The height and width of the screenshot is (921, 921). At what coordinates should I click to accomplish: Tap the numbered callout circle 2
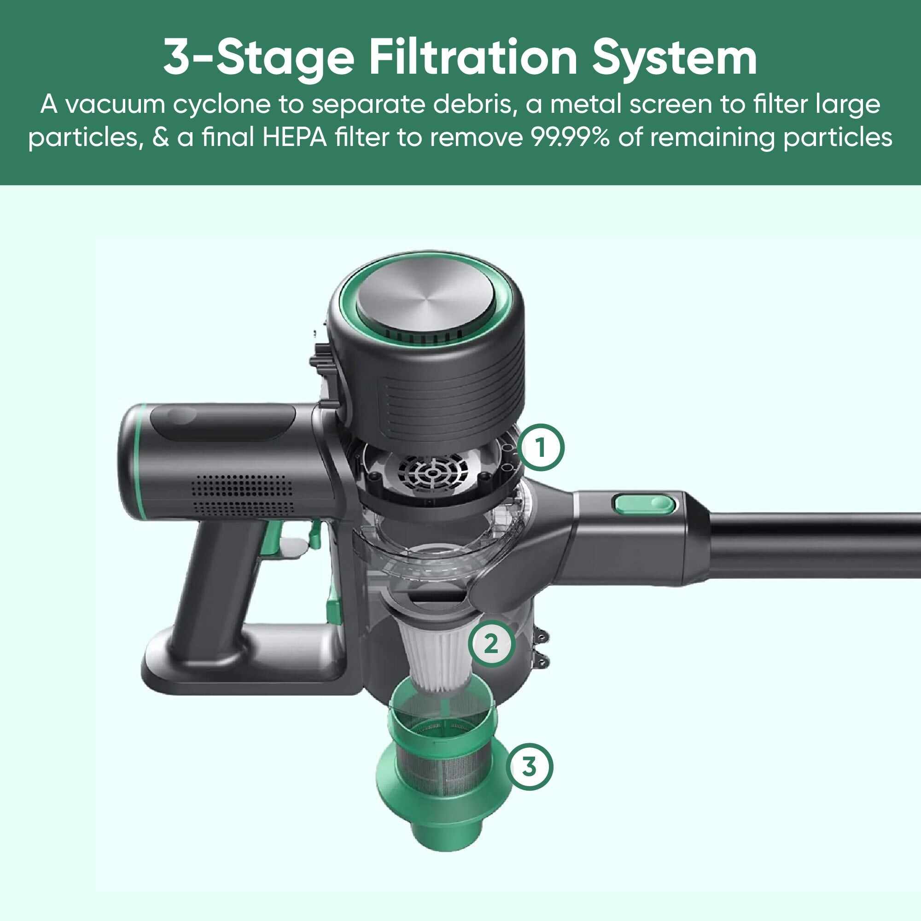tap(491, 645)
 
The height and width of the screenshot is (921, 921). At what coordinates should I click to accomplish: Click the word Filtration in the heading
tap(473, 58)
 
